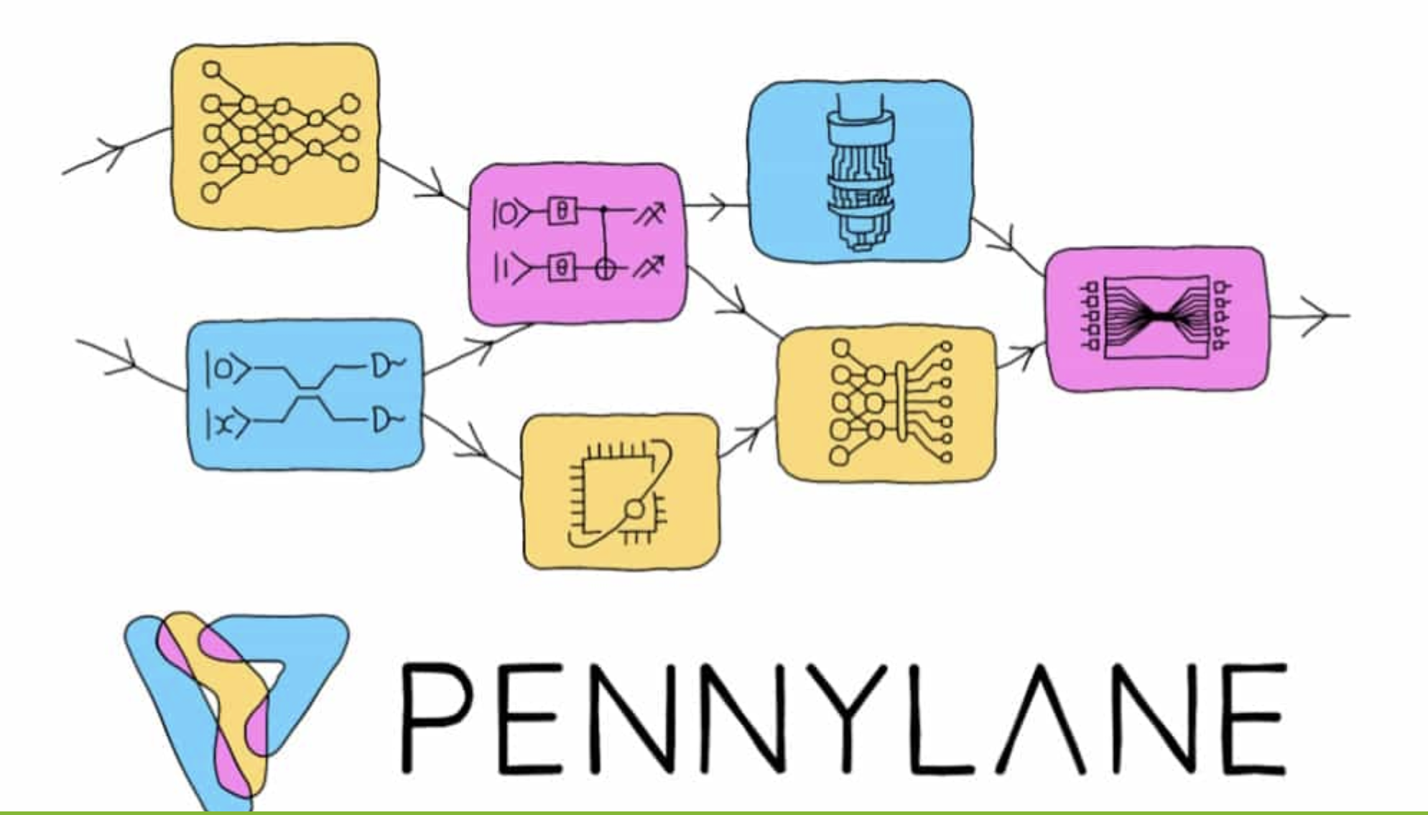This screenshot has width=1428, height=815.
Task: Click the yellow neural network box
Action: point(274,137)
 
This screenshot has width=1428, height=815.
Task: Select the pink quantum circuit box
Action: point(577,244)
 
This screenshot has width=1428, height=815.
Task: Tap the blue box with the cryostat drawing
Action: point(861,171)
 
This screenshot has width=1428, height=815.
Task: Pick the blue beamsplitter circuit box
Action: point(305,395)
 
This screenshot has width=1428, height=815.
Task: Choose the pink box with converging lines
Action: point(1156,318)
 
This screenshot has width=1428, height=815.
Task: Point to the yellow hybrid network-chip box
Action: point(887,403)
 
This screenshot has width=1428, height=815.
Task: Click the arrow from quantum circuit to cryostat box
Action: point(716,206)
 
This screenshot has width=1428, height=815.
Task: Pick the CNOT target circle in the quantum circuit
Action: point(606,269)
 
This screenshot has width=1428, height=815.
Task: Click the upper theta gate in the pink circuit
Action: point(562,211)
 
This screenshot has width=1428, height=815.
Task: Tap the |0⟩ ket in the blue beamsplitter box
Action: point(226,369)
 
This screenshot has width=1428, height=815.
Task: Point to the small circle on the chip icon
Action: point(634,510)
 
